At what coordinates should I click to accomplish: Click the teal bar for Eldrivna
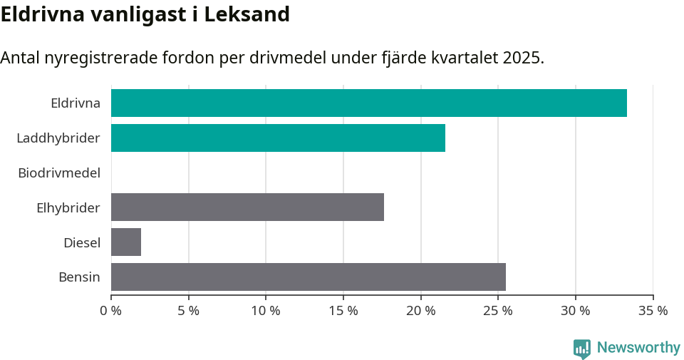[x=368, y=103]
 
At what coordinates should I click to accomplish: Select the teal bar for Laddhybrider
[x=278, y=138]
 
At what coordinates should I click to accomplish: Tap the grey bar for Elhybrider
[x=247, y=207]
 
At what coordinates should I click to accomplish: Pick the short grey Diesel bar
[x=126, y=242]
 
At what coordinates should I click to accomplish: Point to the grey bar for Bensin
[x=308, y=277]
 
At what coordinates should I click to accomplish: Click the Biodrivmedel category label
[x=59, y=173]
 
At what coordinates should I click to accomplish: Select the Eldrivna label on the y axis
[x=75, y=103]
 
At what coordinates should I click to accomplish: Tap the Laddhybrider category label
[x=58, y=138]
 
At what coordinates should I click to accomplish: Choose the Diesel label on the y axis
[x=81, y=242]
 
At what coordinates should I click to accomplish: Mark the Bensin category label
[x=79, y=277]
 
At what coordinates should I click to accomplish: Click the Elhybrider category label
[x=68, y=207]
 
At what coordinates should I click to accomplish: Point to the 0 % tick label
[x=111, y=311]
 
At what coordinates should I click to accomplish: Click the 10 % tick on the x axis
[x=266, y=311]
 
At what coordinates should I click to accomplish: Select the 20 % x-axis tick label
[x=420, y=311]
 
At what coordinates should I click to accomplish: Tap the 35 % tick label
[x=653, y=311]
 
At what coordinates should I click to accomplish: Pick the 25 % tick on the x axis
[x=498, y=311]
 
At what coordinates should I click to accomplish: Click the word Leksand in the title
[x=247, y=14]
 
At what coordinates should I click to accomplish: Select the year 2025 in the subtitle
[x=522, y=58]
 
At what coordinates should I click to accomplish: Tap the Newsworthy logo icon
[x=582, y=348]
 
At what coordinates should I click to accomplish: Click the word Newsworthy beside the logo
[x=638, y=348]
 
